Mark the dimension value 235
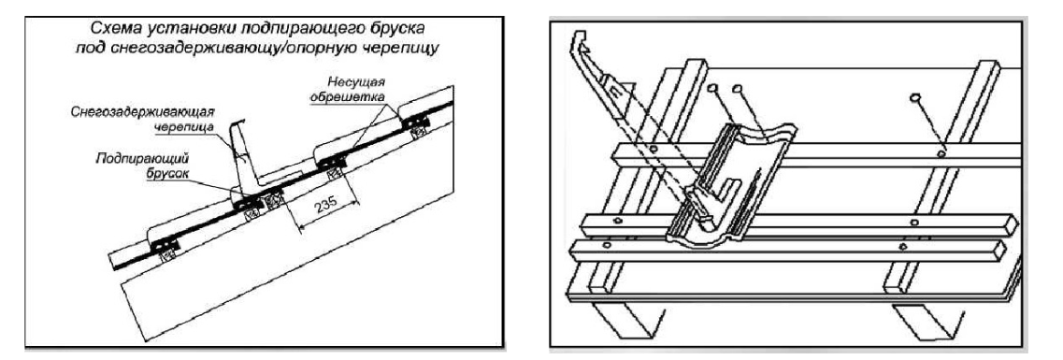coord(323,209)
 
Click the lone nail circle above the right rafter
coord(913,98)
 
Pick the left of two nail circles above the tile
coord(711,89)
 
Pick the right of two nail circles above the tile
coord(738,88)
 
